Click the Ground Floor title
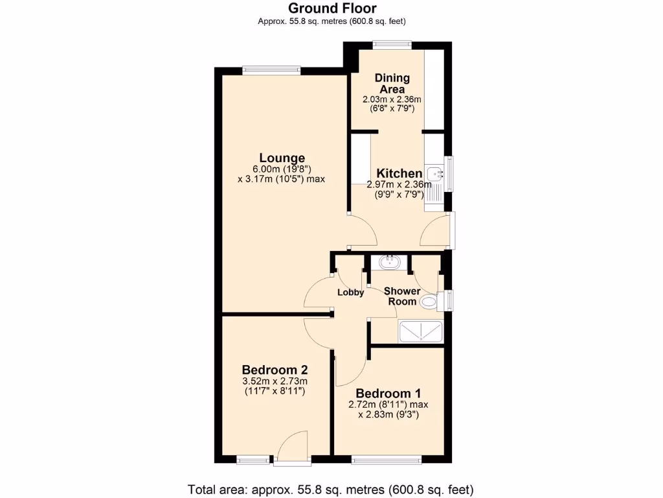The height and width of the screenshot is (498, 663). coord(331,8)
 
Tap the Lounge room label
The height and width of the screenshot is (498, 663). coord(282,158)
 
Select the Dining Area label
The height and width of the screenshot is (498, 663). coord(392,84)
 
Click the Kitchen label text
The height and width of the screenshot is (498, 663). coord(399,173)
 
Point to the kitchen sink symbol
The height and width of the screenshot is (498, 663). coord(434,174)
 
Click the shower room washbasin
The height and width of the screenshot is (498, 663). coord(389,263)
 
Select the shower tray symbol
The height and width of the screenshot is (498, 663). coord(421,331)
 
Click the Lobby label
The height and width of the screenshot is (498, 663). coord(350,292)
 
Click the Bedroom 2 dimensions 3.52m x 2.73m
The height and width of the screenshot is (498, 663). coord(275,381)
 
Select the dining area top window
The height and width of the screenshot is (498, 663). coord(392,45)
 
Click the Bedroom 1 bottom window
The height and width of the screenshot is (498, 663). coord(387,459)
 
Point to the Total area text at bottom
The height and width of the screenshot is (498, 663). coord(331,488)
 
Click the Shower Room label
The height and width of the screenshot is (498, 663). coord(403,296)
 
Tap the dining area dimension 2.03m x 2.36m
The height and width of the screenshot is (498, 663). coord(392,99)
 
